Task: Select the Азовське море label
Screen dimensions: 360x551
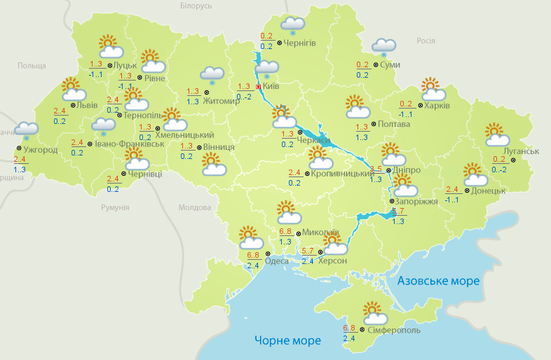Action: click(x=438, y=281)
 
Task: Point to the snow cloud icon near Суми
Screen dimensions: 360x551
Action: click(x=383, y=46)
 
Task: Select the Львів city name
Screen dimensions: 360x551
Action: click(x=87, y=106)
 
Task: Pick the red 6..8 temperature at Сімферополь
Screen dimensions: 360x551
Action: click(x=349, y=328)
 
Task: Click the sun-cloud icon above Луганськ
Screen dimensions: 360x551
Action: click(x=496, y=133)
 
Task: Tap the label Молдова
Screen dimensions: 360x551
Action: click(x=195, y=208)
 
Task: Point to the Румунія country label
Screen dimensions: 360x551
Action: click(x=115, y=208)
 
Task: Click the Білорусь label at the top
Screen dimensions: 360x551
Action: click(x=196, y=6)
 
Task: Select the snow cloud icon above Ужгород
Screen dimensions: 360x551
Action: click(x=27, y=130)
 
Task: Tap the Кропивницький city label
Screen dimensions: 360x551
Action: click(x=341, y=172)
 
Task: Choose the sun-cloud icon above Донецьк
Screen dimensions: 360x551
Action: click(x=475, y=173)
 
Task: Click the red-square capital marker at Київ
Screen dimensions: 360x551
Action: click(x=257, y=87)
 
